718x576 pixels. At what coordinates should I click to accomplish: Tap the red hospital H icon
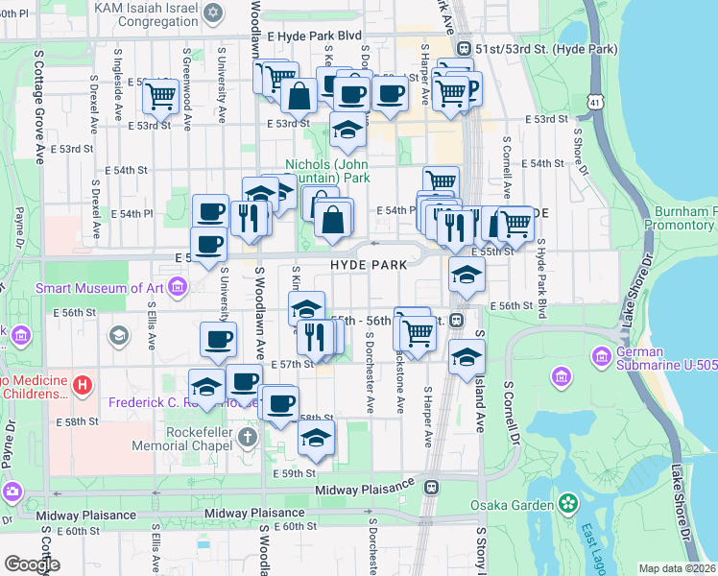pyautogui.click(x=83, y=386)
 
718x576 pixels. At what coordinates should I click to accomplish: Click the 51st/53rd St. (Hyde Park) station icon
pyautogui.click(x=464, y=48)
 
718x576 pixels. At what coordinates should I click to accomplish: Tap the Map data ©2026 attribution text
pyautogui.click(x=677, y=568)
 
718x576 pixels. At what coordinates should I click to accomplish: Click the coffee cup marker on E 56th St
pyautogui.click(x=218, y=339)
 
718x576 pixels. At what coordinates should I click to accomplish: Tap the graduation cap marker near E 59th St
pyautogui.click(x=316, y=438)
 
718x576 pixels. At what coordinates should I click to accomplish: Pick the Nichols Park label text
pyautogui.click(x=327, y=170)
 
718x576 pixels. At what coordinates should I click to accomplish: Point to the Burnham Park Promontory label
pyautogui.click(x=684, y=218)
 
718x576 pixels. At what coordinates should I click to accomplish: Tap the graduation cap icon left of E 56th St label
pyautogui.click(x=466, y=275)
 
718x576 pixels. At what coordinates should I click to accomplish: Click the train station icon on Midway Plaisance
pyautogui.click(x=433, y=486)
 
